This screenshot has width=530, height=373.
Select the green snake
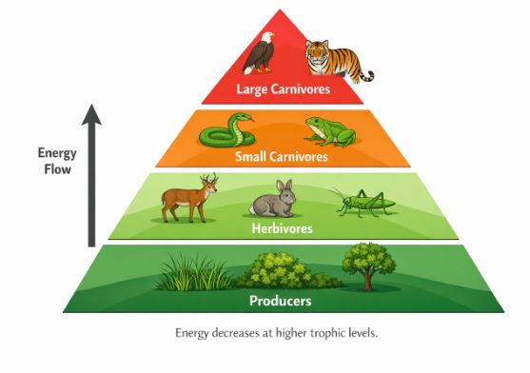click(227, 129)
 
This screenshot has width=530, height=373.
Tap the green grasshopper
click(358, 201)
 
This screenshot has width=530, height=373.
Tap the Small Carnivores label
click(282, 156)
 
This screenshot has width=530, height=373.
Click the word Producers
click(280, 302)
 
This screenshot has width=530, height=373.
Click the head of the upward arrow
click(90, 113)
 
